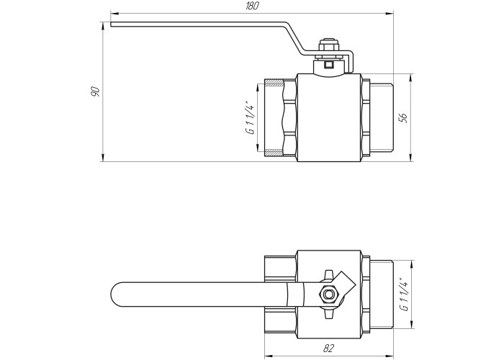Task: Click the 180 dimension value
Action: [x=252, y=6]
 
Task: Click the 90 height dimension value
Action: [x=96, y=91]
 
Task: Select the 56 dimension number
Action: [x=403, y=117]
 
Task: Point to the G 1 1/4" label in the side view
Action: [x=251, y=117]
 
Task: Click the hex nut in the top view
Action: [x=328, y=294]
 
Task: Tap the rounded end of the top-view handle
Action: [x=117, y=294]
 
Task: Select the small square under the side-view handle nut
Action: [x=328, y=65]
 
